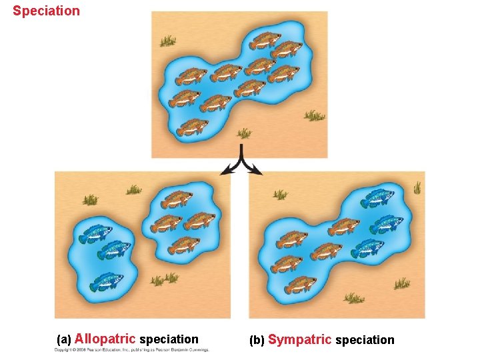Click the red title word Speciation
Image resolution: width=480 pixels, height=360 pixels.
click(x=46, y=11)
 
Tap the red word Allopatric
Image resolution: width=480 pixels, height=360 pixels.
click(x=105, y=339)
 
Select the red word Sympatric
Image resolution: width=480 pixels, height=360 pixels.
click(x=299, y=340)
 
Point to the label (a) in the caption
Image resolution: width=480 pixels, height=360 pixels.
click(x=64, y=340)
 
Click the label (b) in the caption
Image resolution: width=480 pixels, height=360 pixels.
click(x=257, y=341)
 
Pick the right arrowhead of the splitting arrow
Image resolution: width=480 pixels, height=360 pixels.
click(x=257, y=172)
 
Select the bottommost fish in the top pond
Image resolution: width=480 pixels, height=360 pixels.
click(x=193, y=127)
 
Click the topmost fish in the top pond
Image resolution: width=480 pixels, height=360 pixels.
click(x=264, y=39)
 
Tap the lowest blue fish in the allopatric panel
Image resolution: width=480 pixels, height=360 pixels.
click(x=107, y=281)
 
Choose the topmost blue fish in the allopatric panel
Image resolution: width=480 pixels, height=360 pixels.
click(x=95, y=233)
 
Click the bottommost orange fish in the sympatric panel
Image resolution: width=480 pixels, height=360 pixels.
click(x=301, y=284)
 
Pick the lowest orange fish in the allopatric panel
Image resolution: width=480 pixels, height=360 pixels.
click(x=184, y=245)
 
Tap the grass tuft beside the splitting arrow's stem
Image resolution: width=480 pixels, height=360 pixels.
click(x=244, y=133)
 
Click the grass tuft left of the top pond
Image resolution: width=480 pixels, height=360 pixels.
click(x=167, y=42)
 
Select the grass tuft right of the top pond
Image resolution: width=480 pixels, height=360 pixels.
click(x=314, y=116)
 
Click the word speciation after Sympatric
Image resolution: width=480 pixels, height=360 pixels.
click(x=365, y=340)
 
